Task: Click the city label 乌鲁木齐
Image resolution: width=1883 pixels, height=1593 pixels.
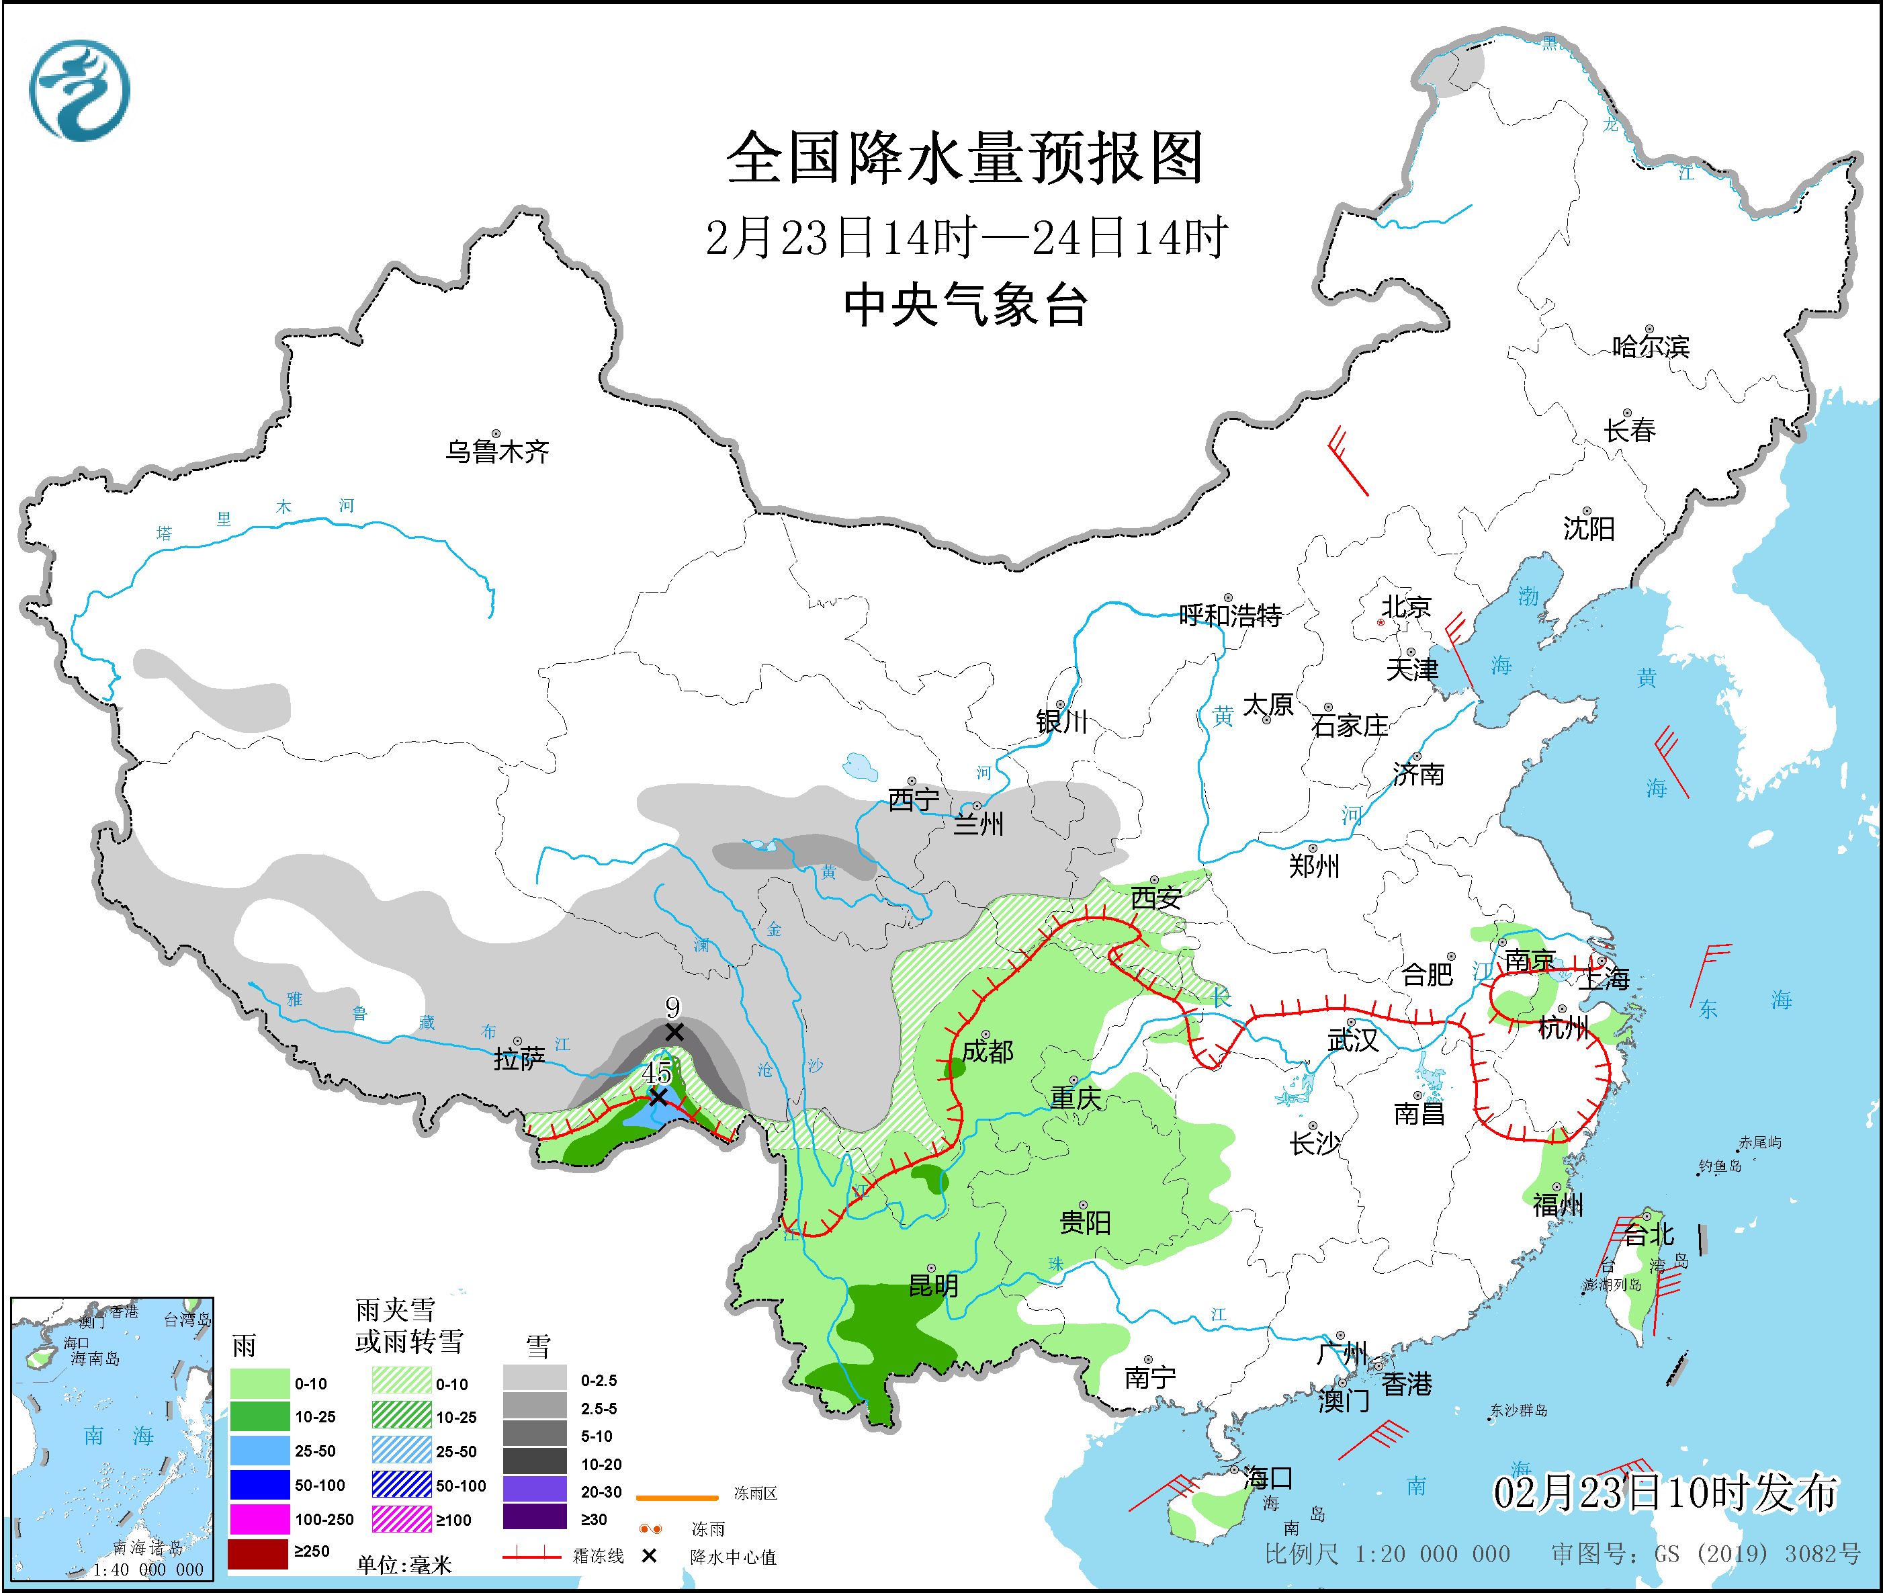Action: click(x=496, y=451)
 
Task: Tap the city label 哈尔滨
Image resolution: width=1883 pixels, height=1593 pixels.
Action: click(x=1650, y=347)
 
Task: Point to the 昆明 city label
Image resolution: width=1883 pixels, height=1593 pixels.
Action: click(x=933, y=1285)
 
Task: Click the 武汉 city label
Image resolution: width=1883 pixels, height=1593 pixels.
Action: click(x=1353, y=1039)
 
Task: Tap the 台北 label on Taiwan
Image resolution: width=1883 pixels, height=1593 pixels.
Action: click(x=1648, y=1234)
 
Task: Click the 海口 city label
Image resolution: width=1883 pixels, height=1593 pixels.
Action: click(x=1267, y=1478)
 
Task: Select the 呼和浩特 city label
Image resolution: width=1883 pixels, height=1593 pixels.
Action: click(x=1230, y=616)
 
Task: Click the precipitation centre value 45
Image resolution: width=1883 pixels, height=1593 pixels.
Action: click(x=656, y=1073)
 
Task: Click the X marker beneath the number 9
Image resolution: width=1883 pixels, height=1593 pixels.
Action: click(x=674, y=1031)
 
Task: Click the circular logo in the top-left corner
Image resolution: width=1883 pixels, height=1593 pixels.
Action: click(x=79, y=90)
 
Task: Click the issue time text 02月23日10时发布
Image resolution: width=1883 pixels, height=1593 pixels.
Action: click(x=1665, y=1493)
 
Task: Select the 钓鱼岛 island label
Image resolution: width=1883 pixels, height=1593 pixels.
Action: click(x=1720, y=1167)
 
